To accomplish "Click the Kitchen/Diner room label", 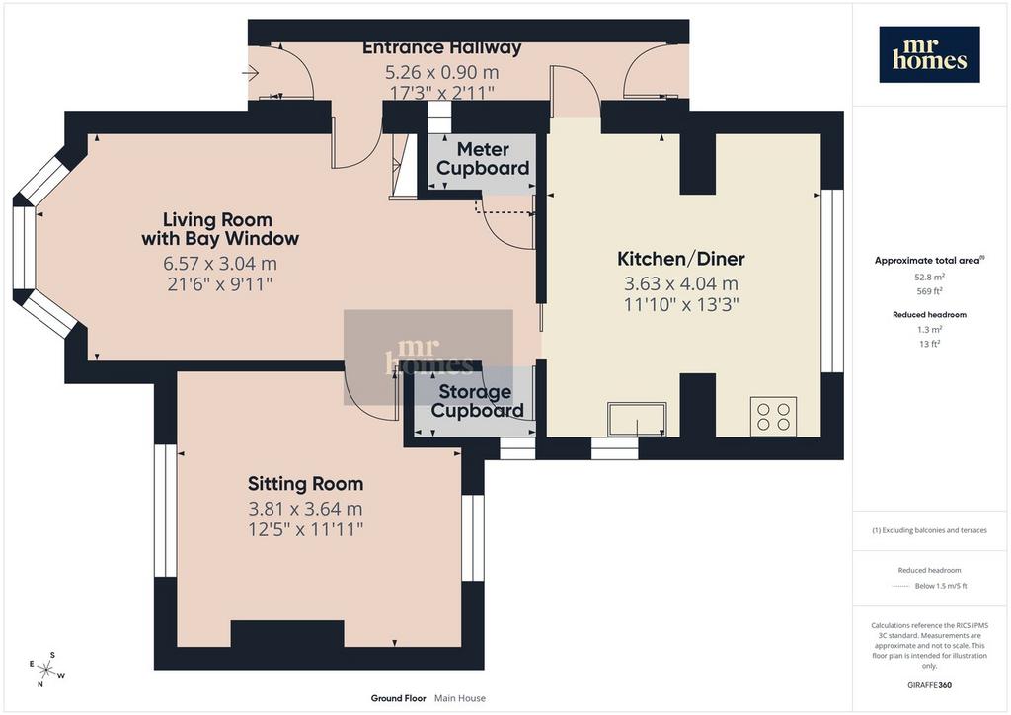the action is click(681, 259).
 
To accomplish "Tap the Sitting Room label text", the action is click(306, 484).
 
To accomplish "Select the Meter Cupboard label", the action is click(483, 159).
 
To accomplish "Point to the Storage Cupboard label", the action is click(477, 401).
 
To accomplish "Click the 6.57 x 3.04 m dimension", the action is click(220, 263).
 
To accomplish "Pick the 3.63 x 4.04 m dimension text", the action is click(681, 283).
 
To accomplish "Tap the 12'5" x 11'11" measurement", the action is click(306, 530).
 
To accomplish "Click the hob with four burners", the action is click(773, 416).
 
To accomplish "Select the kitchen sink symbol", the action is click(637, 420).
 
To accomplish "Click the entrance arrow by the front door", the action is click(250, 73).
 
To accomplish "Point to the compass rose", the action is click(46, 670).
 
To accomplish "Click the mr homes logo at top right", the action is click(929, 54).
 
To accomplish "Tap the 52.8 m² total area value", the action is click(929, 278).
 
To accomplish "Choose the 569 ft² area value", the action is click(929, 291).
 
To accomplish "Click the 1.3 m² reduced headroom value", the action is click(929, 330).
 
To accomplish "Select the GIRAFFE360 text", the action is click(929, 684).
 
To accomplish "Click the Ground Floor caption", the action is click(399, 698).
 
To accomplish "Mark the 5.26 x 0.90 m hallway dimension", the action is click(441, 72).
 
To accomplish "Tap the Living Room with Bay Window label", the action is click(220, 229).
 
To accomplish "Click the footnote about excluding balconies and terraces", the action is click(929, 530).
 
